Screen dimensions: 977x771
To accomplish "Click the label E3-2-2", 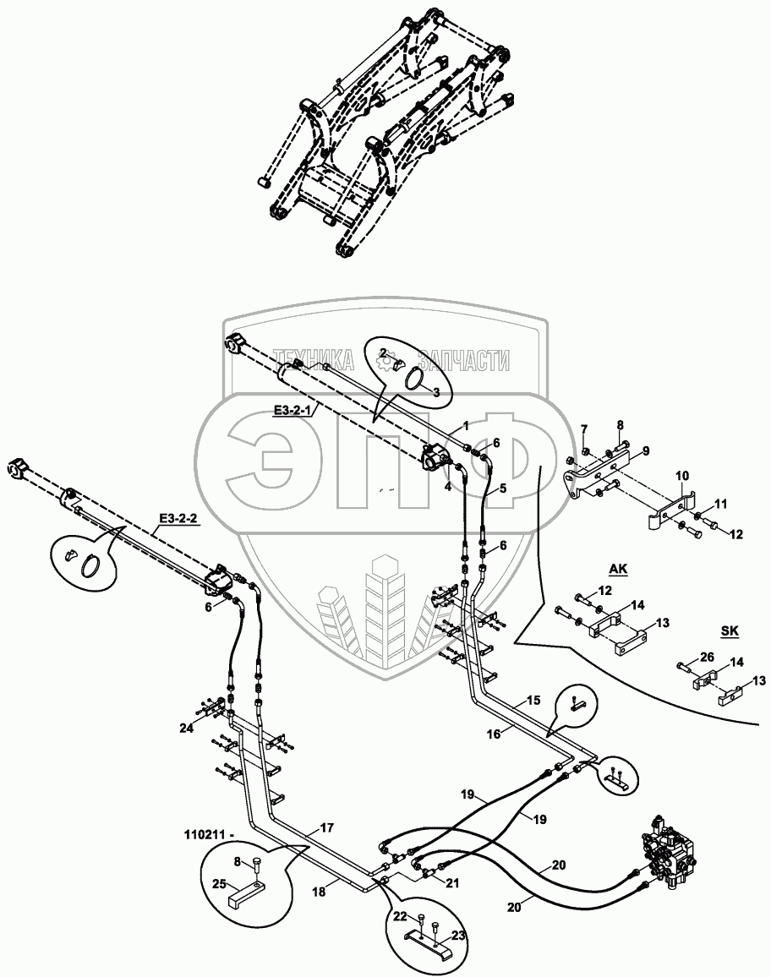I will pos(177,519).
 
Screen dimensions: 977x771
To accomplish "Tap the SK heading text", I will pos(730,630).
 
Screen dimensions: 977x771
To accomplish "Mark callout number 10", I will pos(681,478).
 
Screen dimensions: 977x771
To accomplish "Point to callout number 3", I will pos(436,392).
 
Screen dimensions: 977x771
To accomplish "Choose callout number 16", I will pos(494,734).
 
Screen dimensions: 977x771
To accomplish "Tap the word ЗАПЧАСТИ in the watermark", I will pos(468,361).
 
